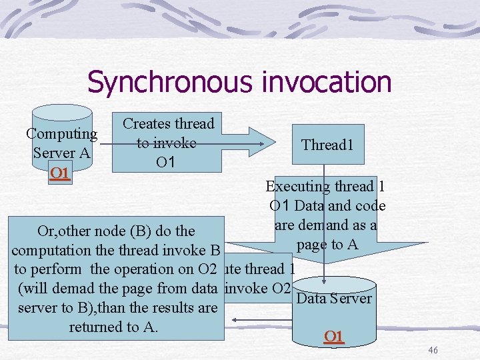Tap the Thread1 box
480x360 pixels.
pos(327,145)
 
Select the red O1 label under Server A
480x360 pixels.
pos(60,173)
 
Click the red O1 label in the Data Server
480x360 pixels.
pos(333,336)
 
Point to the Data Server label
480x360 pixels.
pos(333,298)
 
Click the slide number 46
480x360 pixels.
pos(433,351)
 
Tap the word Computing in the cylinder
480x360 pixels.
pos(61,133)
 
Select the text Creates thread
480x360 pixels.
pos(168,124)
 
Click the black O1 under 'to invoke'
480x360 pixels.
pos(165,162)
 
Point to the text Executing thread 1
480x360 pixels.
pos(325,187)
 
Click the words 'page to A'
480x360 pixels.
pos(327,245)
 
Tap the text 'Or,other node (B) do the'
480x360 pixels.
pos(116,231)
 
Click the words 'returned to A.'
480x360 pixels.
pos(113,327)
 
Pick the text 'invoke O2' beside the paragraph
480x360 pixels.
pos(258,289)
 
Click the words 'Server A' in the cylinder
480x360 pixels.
pos(61,153)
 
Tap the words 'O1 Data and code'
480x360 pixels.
pos(327,206)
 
